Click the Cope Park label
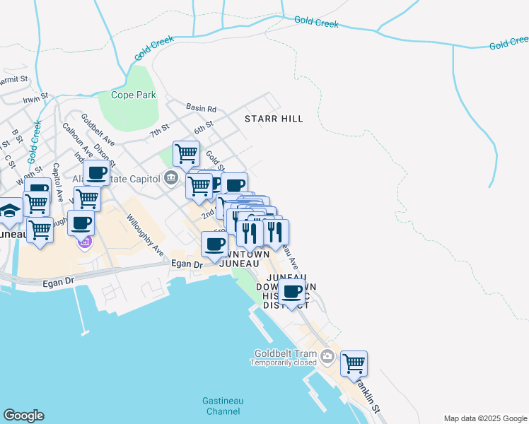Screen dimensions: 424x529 tap(128, 95)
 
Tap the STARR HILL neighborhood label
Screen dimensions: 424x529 tap(274, 119)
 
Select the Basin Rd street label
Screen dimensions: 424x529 tap(201, 108)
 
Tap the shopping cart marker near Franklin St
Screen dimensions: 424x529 tap(354, 364)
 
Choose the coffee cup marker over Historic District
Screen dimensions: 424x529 tap(291, 291)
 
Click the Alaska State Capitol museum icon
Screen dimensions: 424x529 tap(170, 177)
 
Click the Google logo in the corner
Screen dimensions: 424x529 tap(23, 416)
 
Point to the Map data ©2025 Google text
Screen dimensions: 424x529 tap(484, 418)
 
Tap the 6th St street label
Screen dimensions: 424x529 tap(204, 128)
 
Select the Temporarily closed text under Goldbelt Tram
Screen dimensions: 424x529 tap(283, 363)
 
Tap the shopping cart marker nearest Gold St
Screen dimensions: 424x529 tap(186, 153)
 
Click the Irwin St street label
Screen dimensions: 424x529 tap(35, 98)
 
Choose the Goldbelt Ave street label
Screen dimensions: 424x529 tap(98, 130)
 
